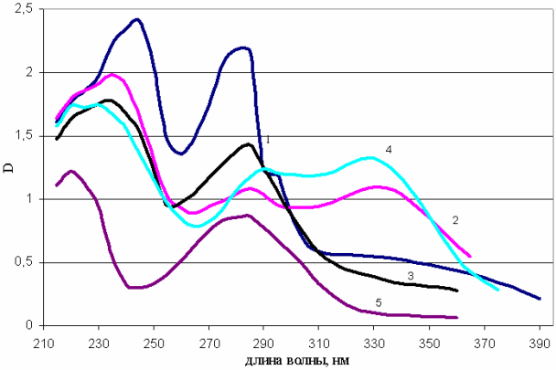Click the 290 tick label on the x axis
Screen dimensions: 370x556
[x=263, y=339]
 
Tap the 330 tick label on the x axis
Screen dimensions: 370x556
[x=374, y=339]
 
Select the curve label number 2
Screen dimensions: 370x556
[x=454, y=220]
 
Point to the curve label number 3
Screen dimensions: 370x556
[x=412, y=275]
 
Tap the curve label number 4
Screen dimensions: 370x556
[x=389, y=148]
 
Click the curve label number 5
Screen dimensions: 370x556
[x=377, y=301]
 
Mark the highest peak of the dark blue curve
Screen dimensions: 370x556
[x=136, y=19]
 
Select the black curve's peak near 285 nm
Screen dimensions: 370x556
[x=248, y=143]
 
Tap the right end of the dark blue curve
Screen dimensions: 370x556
[x=540, y=299]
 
